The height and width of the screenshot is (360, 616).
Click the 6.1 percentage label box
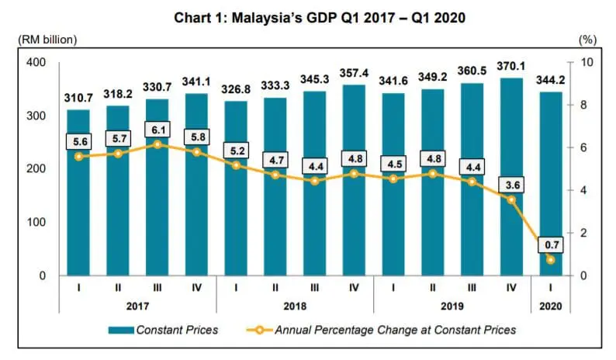pyautogui.click(x=158, y=130)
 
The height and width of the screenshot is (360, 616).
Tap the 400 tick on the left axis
pyautogui.click(x=34, y=63)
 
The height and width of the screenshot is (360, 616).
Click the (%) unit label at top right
pyautogui.click(x=586, y=39)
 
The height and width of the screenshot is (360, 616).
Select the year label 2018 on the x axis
pyautogui.click(x=294, y=306)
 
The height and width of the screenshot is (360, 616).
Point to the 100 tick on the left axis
pyautogui.click(x=34, y=223)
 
